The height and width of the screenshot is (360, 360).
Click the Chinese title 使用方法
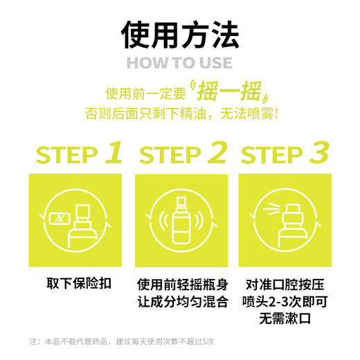click(x=180, y=33)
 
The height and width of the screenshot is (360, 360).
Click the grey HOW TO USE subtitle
click(x=179, y=63)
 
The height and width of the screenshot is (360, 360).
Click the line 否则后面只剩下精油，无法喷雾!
click(x=179, y=113)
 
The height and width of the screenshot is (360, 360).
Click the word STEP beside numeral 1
click(x=66, y=155)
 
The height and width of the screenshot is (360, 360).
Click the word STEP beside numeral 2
click(x=170, y=155)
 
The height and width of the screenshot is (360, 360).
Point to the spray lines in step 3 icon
click(x=266, y=207)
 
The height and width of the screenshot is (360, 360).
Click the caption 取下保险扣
click(x=75, y=285)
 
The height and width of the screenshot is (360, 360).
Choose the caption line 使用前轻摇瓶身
click(x=179, y=285)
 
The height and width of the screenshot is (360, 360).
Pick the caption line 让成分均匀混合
click(x=179, y=302)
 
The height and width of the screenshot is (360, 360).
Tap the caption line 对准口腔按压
click(x=282, y=285)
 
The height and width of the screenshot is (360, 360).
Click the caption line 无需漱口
click(x=282, y=319)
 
